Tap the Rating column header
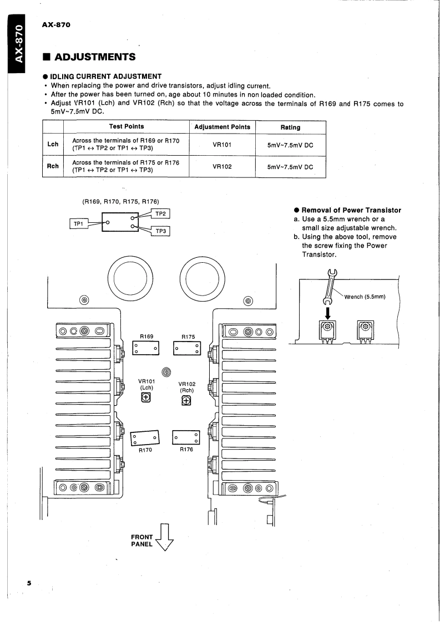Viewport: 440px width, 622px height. click(x=291, y=127)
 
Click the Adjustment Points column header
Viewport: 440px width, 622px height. click(x=222, y=127)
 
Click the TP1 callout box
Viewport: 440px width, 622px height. click(x=77, y=223)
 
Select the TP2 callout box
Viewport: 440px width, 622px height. click(x=160, y=213)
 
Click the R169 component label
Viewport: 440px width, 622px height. click(x=146, y=336)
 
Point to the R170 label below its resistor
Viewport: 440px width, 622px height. click(x=146, y=450)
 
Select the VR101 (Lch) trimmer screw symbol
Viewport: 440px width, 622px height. click(x=146, y=397)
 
